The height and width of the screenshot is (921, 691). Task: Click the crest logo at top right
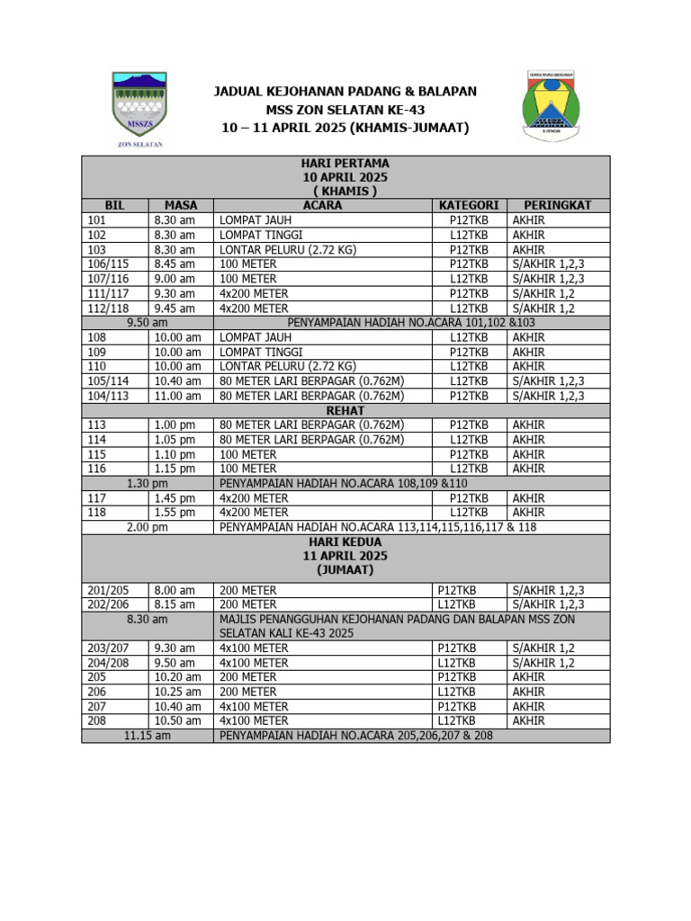tap(554, 104)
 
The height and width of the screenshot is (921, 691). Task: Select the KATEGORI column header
tap(468, 205)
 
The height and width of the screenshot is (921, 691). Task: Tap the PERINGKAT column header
tap(557, 205)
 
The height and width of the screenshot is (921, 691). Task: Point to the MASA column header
tap(181, 205)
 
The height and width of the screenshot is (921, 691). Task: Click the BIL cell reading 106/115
tap(107, 264)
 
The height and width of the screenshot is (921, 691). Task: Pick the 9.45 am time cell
tap(175, 308)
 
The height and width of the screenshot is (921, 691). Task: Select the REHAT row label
tap(345, 410)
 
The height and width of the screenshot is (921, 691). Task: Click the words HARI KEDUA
tap(345, 542)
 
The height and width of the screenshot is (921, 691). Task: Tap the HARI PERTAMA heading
tap(345, 163)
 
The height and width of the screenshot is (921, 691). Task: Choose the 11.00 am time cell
tap(177, 396)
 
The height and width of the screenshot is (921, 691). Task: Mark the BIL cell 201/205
tap(107, 590)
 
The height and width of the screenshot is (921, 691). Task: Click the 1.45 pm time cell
tap(175, 498)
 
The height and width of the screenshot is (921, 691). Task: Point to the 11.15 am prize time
tap(148, 736)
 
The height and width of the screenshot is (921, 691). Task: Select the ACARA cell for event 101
tap(256, 220)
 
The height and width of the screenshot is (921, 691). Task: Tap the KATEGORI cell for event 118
tap(469, 513)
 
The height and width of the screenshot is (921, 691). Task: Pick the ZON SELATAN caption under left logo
tap(140, 144)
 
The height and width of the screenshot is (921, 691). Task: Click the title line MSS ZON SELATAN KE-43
tap(345, 110)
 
